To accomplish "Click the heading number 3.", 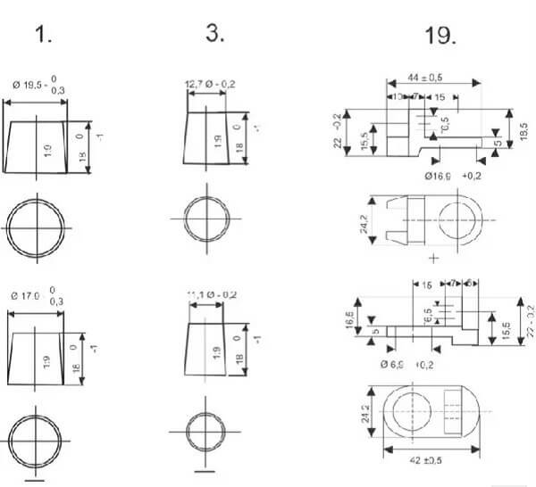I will [x=214, y=33].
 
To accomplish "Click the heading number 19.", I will [x=440, y=37].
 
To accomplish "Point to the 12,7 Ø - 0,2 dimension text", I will [x=211, y=85].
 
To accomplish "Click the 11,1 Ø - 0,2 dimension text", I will [x=212, y=294].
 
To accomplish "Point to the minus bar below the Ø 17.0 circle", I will [x=36, y=480].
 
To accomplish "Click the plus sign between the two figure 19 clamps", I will [x=434, y=258].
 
